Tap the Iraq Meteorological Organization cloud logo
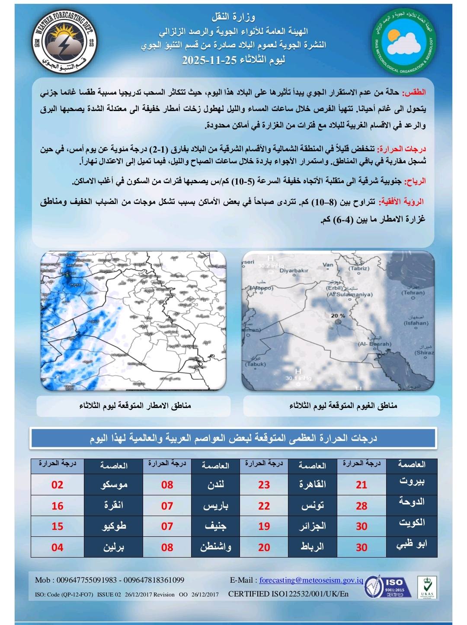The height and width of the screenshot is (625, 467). pyautogui.click(x=405, y=42)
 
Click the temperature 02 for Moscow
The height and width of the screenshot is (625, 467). pyautogui.click(x=58, y=485)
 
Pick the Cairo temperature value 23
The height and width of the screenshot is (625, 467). pyautogui.click(x=264, y=485)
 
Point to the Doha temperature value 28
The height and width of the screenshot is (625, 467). pyautogui.click(x=361, y=505)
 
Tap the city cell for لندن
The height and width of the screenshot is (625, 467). pyautogui.click(x=215, y=485)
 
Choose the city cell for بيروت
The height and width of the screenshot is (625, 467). pyautogui.click(x=411, y=482)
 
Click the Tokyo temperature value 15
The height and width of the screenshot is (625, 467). pyautogui.click(x=58, y=526)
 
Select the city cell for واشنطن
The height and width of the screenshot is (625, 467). pyautogui.click(x=215, y=547)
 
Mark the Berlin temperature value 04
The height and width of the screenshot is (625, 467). pyautogui.click(x=58, y=547)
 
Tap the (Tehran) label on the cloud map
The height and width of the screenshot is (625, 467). pyautogui.click(x=413, y=293)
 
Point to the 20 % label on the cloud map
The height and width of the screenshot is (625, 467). pyautogui.click(x=338, y=316)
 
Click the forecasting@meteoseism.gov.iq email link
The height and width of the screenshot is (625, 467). pyautogui.click(x=311, y=580)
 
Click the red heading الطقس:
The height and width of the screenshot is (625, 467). pyautogui.click(x=414, y=93)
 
